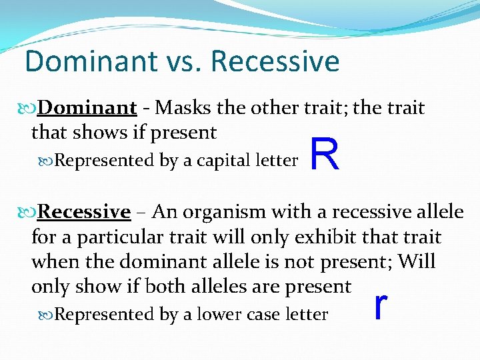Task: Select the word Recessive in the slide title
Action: coord(275,61)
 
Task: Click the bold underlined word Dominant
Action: coord(87,108)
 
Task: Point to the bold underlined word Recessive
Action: coord(84,212)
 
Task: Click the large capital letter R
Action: coord(325,155)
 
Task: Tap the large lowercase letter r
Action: coord(381,305)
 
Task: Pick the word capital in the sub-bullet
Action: coord(225,161)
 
